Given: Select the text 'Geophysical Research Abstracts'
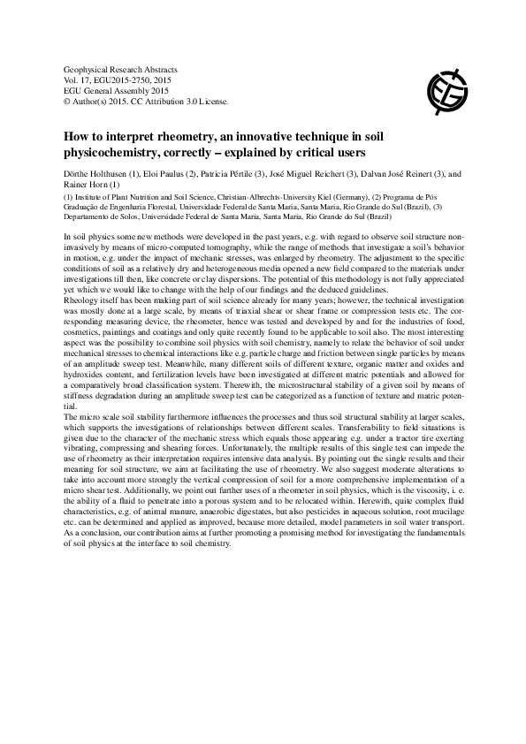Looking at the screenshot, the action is [121, 68].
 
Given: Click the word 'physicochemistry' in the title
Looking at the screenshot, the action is [111, 152].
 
